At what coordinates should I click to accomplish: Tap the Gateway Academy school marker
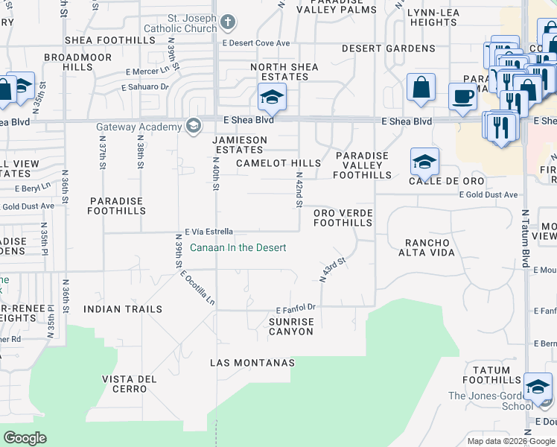pos(194,124)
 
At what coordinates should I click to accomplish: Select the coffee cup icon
pos(462,96)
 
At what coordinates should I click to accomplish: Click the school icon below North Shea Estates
pos(272,96)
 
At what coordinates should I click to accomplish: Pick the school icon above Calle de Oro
pos(424,161)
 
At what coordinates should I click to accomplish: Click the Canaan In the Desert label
pos(238,248)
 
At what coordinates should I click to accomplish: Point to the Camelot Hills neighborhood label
pos(278,163)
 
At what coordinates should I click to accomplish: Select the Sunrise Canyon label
pos(290,326)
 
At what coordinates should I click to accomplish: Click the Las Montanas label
pos(252,363)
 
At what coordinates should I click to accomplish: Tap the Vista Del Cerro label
pos(130,384)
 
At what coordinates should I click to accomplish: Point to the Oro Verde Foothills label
pos(343,218)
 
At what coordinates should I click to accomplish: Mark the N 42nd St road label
pos(299,190)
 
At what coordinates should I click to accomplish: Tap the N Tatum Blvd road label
pos(525,238)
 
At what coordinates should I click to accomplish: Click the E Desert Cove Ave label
pos(255,43)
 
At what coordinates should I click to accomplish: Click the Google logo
pos(25,438)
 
